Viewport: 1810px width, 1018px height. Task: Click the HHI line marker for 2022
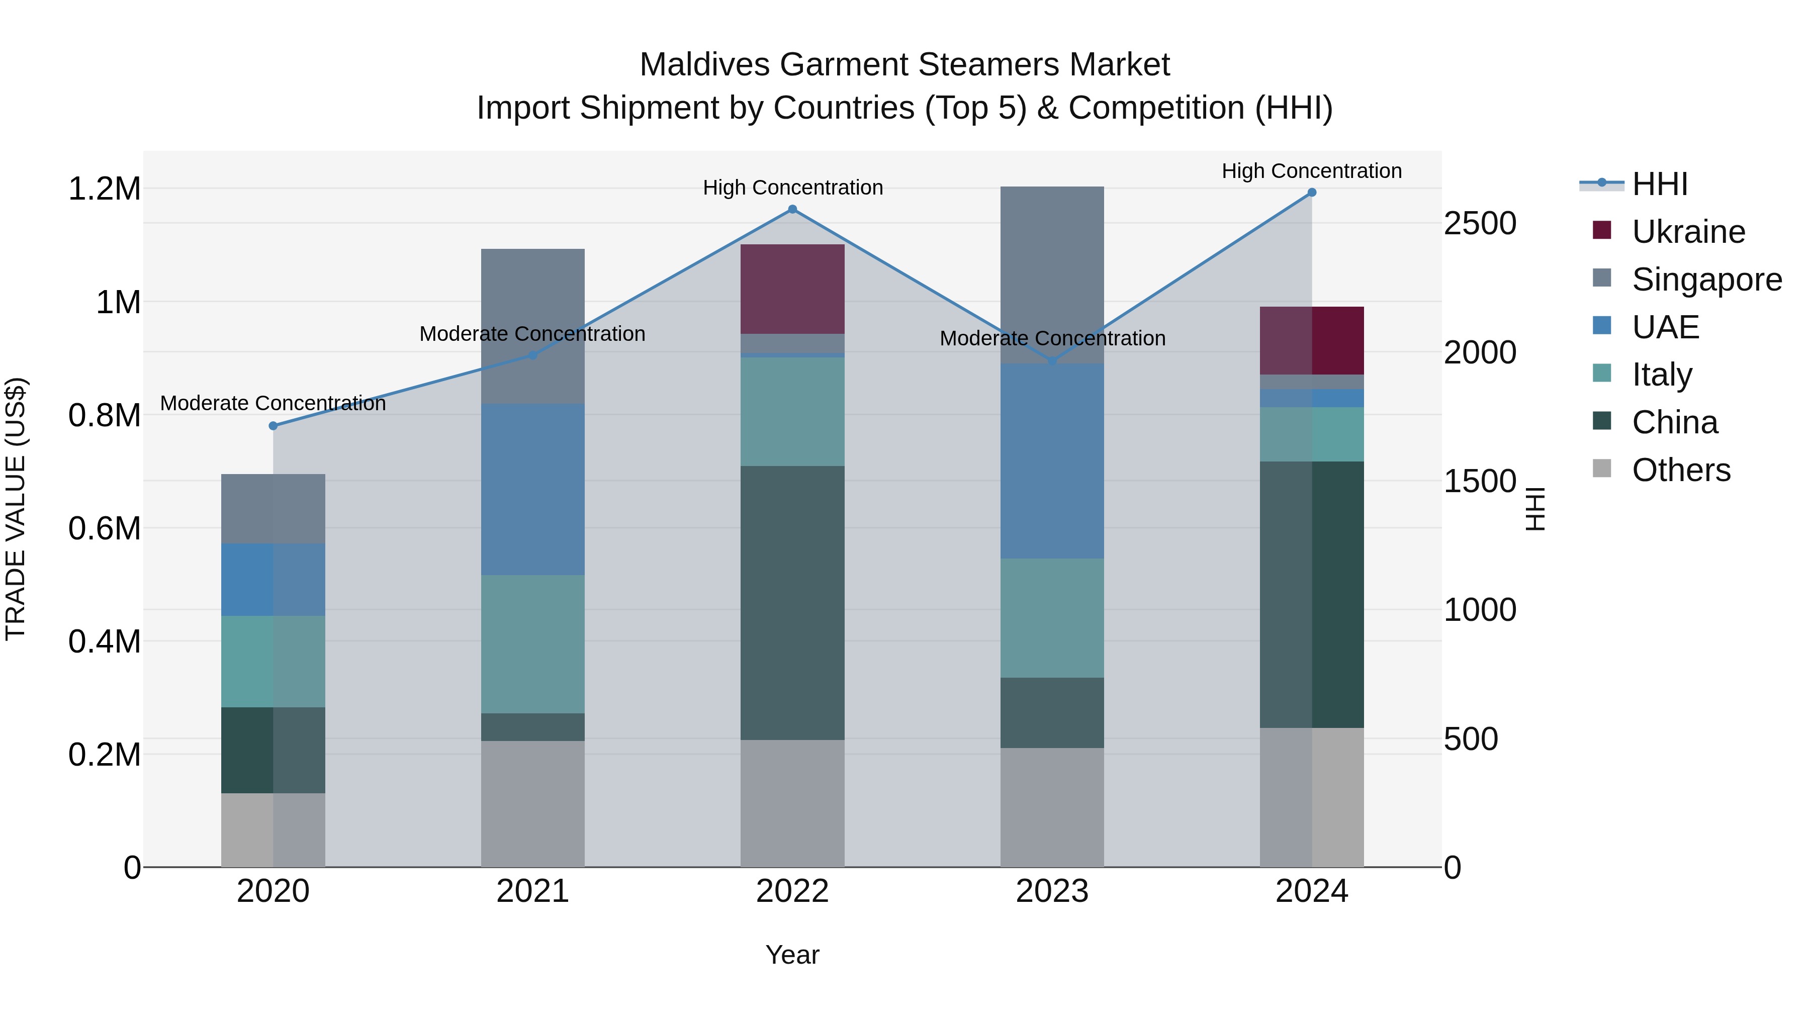(792, 209)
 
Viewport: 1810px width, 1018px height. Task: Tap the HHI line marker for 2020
(274, 426)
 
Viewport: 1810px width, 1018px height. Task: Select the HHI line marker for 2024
(1311, 193)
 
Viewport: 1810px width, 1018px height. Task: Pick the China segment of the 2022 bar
(792, 602)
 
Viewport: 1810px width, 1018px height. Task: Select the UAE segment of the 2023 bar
(1052, 461)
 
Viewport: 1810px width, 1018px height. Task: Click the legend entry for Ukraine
(1688, 232)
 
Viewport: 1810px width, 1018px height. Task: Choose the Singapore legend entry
(1706, 280)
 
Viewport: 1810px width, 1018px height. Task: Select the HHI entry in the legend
(1659, 184)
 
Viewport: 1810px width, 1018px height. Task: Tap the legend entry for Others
(1681, 470)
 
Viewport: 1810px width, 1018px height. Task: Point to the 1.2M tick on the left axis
(104, 189)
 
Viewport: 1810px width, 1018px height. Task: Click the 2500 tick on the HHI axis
(1480, 223)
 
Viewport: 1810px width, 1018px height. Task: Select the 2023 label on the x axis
(1052, 891)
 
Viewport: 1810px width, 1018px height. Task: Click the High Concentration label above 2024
(1311, 171)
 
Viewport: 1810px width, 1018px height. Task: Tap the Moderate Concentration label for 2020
(274, 403)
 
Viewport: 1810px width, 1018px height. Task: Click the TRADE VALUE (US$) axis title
(16, 509)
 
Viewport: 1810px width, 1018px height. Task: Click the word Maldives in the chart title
(705, 65)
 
